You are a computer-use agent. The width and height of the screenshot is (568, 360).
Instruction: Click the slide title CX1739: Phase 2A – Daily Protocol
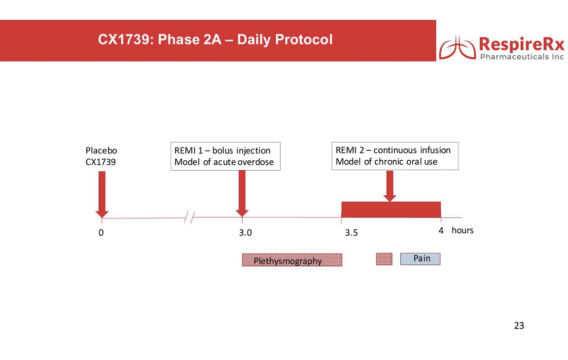pos(215,39)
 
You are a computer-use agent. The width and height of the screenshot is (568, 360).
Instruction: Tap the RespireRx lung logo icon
pos(457,48)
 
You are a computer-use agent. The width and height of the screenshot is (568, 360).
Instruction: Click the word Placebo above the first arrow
pos(101,150)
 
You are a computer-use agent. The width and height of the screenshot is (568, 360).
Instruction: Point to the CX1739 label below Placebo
pos(101,162)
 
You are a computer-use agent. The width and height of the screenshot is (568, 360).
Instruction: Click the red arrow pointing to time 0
pos(102,194)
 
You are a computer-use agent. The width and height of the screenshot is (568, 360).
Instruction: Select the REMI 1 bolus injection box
pos(225,156)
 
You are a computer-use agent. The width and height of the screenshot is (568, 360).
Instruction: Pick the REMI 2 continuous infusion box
pos(395,156)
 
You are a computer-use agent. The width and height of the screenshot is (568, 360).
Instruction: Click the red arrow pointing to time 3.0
pos(242,193)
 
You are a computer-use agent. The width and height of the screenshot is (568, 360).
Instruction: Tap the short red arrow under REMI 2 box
pos(390,186)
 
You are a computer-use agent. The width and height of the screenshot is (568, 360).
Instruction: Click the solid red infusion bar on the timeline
pos(391,210)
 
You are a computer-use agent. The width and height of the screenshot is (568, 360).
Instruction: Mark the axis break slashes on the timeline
pos(189,217)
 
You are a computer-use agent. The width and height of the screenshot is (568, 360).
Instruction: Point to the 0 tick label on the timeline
pos(101,232)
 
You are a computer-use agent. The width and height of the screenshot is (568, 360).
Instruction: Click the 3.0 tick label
pos(245,232)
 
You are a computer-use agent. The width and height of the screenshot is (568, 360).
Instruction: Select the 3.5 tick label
pos(351,232)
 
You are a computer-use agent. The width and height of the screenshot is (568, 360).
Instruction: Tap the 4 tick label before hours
pos(441,230)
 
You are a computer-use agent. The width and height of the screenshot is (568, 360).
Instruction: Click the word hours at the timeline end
pos(462,230)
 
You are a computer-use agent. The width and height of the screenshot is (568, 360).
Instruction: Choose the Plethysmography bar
pos(292,260)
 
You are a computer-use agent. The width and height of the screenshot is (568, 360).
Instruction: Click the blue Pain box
pos(420,259)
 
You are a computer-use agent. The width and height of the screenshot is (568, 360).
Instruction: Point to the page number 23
pos(519,325)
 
